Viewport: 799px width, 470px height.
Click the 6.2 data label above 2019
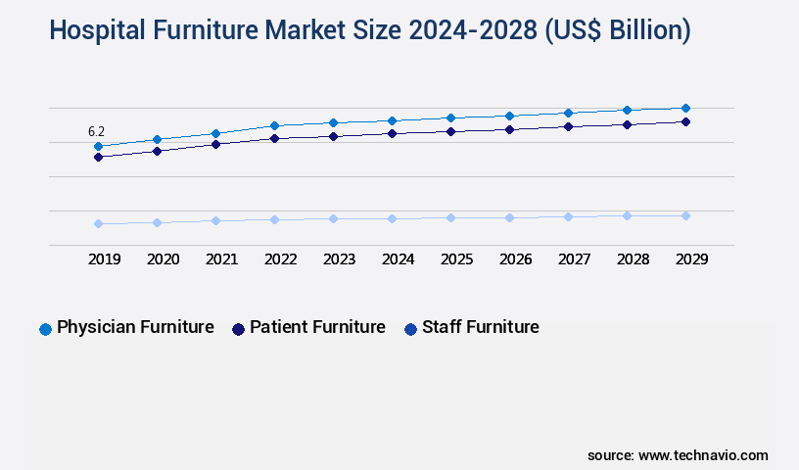tap(96, 131)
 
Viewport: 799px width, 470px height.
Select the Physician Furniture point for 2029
tap(685, 108)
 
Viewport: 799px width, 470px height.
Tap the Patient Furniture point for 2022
tap(274, 138)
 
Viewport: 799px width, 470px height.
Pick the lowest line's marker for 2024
tap(392, 218)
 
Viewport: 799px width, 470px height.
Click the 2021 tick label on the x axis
tap(221, 260)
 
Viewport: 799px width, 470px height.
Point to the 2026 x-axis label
tap(515, 260)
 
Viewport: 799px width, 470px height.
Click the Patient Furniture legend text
tap(317, 327)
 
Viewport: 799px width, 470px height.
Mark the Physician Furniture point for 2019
tap(98, 146)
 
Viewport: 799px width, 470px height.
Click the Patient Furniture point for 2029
tap(685, 121)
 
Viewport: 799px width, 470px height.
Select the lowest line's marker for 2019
tap(98, 223)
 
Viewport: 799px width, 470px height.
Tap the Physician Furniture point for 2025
tap(450, 117)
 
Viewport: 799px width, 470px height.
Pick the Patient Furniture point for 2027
tap(568, 126)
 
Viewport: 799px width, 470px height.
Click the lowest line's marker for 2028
tap(627, 215)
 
